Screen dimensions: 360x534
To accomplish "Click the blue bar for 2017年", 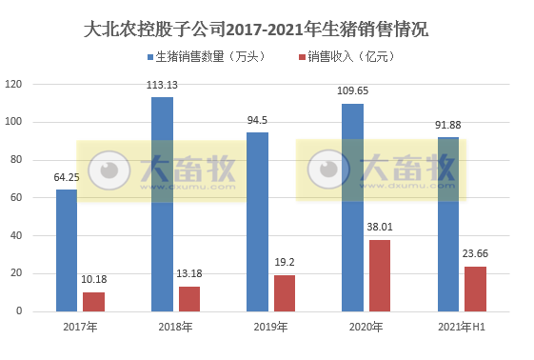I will click(x=67, y=250).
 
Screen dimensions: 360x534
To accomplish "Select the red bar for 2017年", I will click(x=93, y=301).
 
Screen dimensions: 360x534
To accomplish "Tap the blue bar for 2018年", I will click(x=162, y=204).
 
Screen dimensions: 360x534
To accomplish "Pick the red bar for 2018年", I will click(x=189, y=298).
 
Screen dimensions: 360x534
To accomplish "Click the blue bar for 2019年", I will click(x=257, y=221).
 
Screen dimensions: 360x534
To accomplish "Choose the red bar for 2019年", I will click(x=285, y=292).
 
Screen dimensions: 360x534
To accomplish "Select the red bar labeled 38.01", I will click(x=380, y=275).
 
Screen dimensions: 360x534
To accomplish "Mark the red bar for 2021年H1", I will click(x=475, y=289).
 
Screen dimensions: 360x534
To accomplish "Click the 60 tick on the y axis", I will click(x=15, y=197).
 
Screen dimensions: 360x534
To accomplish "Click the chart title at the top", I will click(x=256, y=30).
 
